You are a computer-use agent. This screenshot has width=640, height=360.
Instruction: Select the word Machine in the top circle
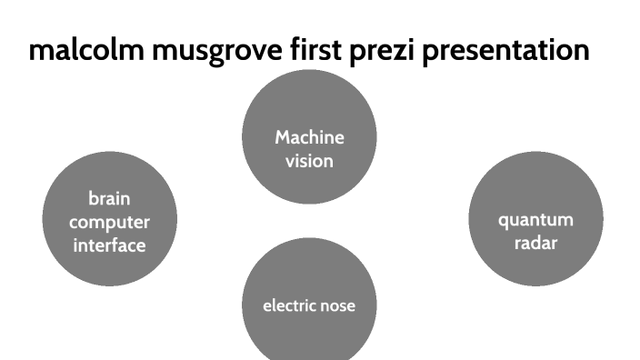(309, 138)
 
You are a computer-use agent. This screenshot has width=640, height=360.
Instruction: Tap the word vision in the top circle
(309, 162)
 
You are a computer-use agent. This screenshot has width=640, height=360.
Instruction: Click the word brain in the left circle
(109, 198)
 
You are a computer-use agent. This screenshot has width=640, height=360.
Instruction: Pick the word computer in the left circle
(109, 222)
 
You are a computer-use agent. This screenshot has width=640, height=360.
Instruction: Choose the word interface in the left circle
(109, 245)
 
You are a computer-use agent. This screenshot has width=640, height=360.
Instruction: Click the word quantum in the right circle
(535, 220)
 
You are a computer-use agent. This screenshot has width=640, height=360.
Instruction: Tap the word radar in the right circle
(535, 244)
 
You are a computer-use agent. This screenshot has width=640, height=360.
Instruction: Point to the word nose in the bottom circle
(337, 305)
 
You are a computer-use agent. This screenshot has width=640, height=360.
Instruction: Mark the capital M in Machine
(283, 138)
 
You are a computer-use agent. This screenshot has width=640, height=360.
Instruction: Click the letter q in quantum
(503, 221)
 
